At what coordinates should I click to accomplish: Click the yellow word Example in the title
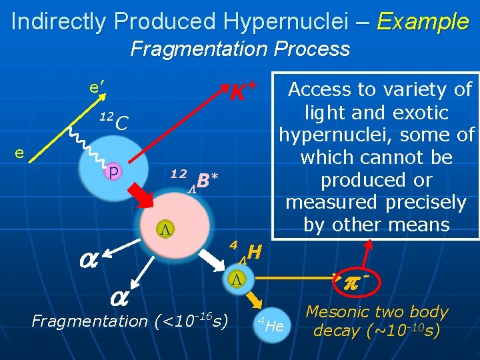tap(423, 21)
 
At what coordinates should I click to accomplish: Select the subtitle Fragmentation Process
tap(240, 49)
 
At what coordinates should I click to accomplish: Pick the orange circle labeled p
tap(114, 172)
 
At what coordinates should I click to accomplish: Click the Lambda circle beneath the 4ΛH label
tap(235, 279)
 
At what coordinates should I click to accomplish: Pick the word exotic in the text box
tap(424, 112)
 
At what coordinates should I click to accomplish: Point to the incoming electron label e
tap(21, 153)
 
